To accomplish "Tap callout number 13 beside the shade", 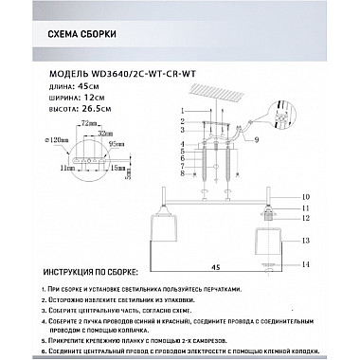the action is coord(305,243).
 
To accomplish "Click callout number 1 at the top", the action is coord(180,113).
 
